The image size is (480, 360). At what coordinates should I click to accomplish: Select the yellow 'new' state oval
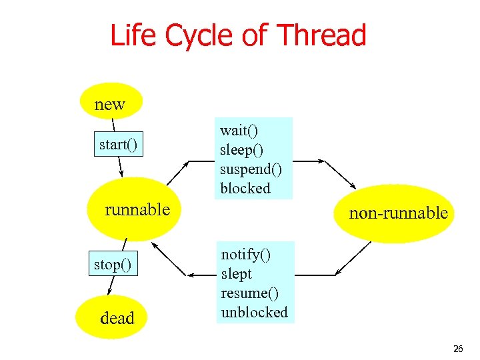[111, 104]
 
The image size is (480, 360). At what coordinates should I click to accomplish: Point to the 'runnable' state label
[137, 209]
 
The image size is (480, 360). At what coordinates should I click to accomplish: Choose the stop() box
[112, 265]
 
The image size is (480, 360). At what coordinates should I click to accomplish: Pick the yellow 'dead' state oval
[117, 318]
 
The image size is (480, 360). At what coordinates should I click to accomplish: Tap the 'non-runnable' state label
[398, 213]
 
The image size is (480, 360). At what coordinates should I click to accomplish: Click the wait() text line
[239, 131]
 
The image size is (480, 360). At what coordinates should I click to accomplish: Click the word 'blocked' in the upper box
[245, 188]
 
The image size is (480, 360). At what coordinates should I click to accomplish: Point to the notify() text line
[245, 254]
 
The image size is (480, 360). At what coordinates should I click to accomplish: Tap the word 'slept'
[237, 273]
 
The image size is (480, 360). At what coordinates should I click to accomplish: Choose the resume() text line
[249, 293]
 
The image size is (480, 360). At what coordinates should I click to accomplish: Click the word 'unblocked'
[254, 312]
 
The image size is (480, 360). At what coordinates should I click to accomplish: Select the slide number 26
[457, 349]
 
